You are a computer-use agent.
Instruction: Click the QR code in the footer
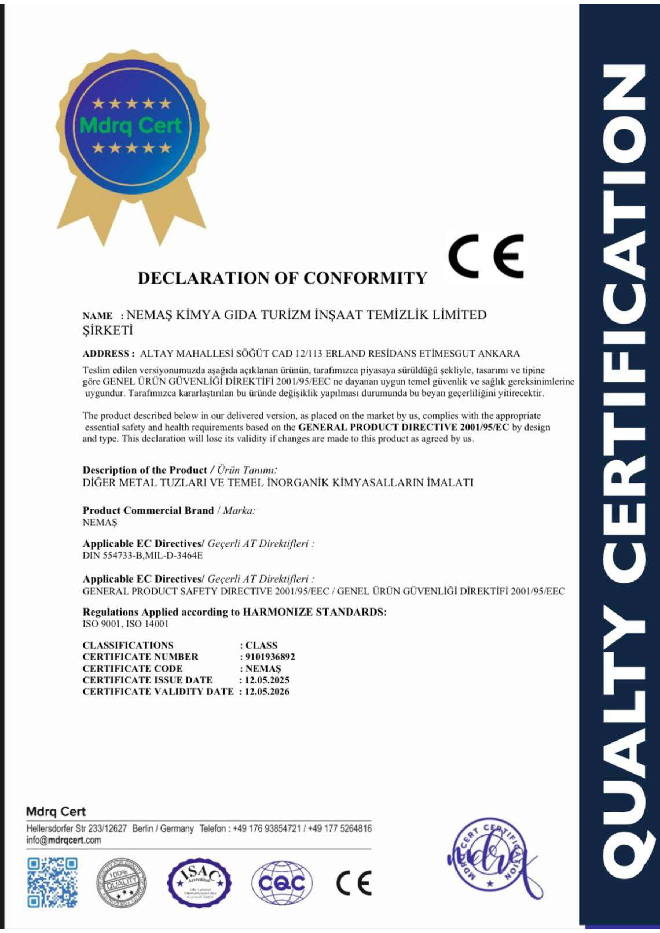point(52,883)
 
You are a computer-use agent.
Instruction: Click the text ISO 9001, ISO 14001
point(125,624)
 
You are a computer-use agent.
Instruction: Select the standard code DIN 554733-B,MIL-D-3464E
point(142,556)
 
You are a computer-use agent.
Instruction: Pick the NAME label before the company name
point(98,316)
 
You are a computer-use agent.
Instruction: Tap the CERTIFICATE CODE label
point(133,668)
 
